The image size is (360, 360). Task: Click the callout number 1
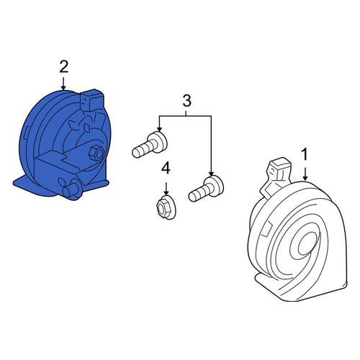tap(305, 154)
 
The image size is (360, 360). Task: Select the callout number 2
tap(64, 66)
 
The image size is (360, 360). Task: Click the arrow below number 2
tap(63, 84)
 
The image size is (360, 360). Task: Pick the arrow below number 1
tap(305, 174)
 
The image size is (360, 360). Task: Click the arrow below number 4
tap(166, 189)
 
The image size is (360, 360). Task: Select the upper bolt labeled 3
tap(150, 145)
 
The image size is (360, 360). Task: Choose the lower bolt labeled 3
tap(206, 189)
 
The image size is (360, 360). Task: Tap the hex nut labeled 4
tap(166, 207)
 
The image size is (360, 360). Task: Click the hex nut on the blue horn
tap(96, 153)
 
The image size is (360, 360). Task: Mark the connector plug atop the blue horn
tap(92, 100)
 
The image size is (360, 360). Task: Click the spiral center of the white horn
tap(308, 244)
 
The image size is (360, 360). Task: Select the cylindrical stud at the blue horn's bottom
tap(72, 189)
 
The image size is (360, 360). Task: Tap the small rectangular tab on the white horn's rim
tap(268, 229)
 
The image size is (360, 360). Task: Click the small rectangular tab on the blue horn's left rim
tap(26, 132)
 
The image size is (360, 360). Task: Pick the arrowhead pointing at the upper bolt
tap(159, 129)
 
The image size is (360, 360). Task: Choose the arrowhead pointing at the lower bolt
tap(211, 173)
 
